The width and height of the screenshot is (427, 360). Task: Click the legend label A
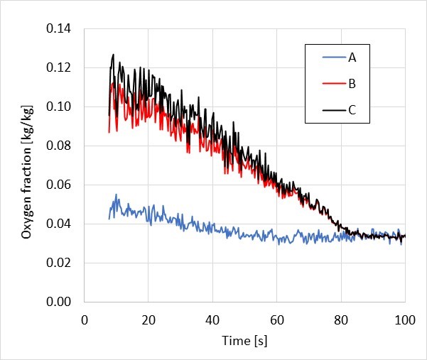(x=352, y=58)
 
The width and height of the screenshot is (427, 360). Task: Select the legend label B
(x=352, y=84)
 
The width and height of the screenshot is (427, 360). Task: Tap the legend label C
(x=352, y=110)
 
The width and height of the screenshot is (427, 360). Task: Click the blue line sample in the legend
(x=331, y=58)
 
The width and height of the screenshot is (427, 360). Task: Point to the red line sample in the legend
(x=331, y=84)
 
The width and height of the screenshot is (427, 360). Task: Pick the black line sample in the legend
(x=331, y=110)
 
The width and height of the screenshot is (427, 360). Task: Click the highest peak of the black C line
(x=113, y=55)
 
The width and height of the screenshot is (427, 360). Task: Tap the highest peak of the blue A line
(x=117, y=195)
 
